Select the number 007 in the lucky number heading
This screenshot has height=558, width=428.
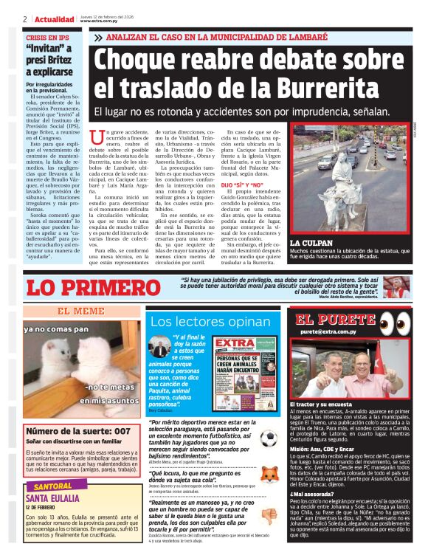tap(117, 430)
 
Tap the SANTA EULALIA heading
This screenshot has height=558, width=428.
tap(57, 499)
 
